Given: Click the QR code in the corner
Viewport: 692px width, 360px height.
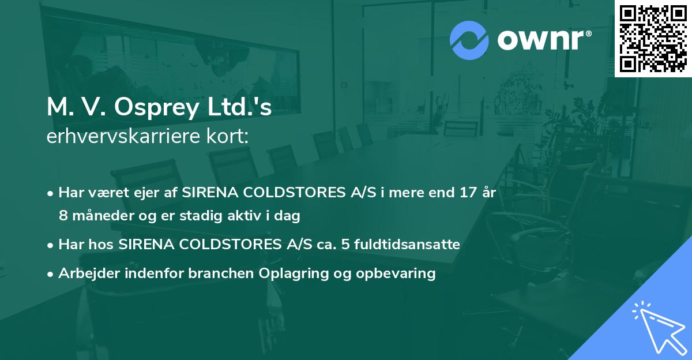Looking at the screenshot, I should point(653,38).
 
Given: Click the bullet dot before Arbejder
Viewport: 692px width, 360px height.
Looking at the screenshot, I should point(51,273).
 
